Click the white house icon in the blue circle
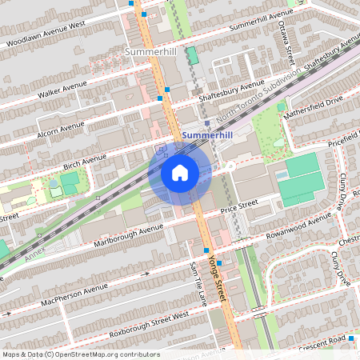coord(180,173)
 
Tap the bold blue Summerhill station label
coord(206,136)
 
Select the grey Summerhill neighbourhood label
coord(152,51)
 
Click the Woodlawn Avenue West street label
coord(45,33)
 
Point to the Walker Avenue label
coord(62,90)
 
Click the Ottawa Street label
coord(284,43)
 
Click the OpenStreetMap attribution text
coord(103,354)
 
